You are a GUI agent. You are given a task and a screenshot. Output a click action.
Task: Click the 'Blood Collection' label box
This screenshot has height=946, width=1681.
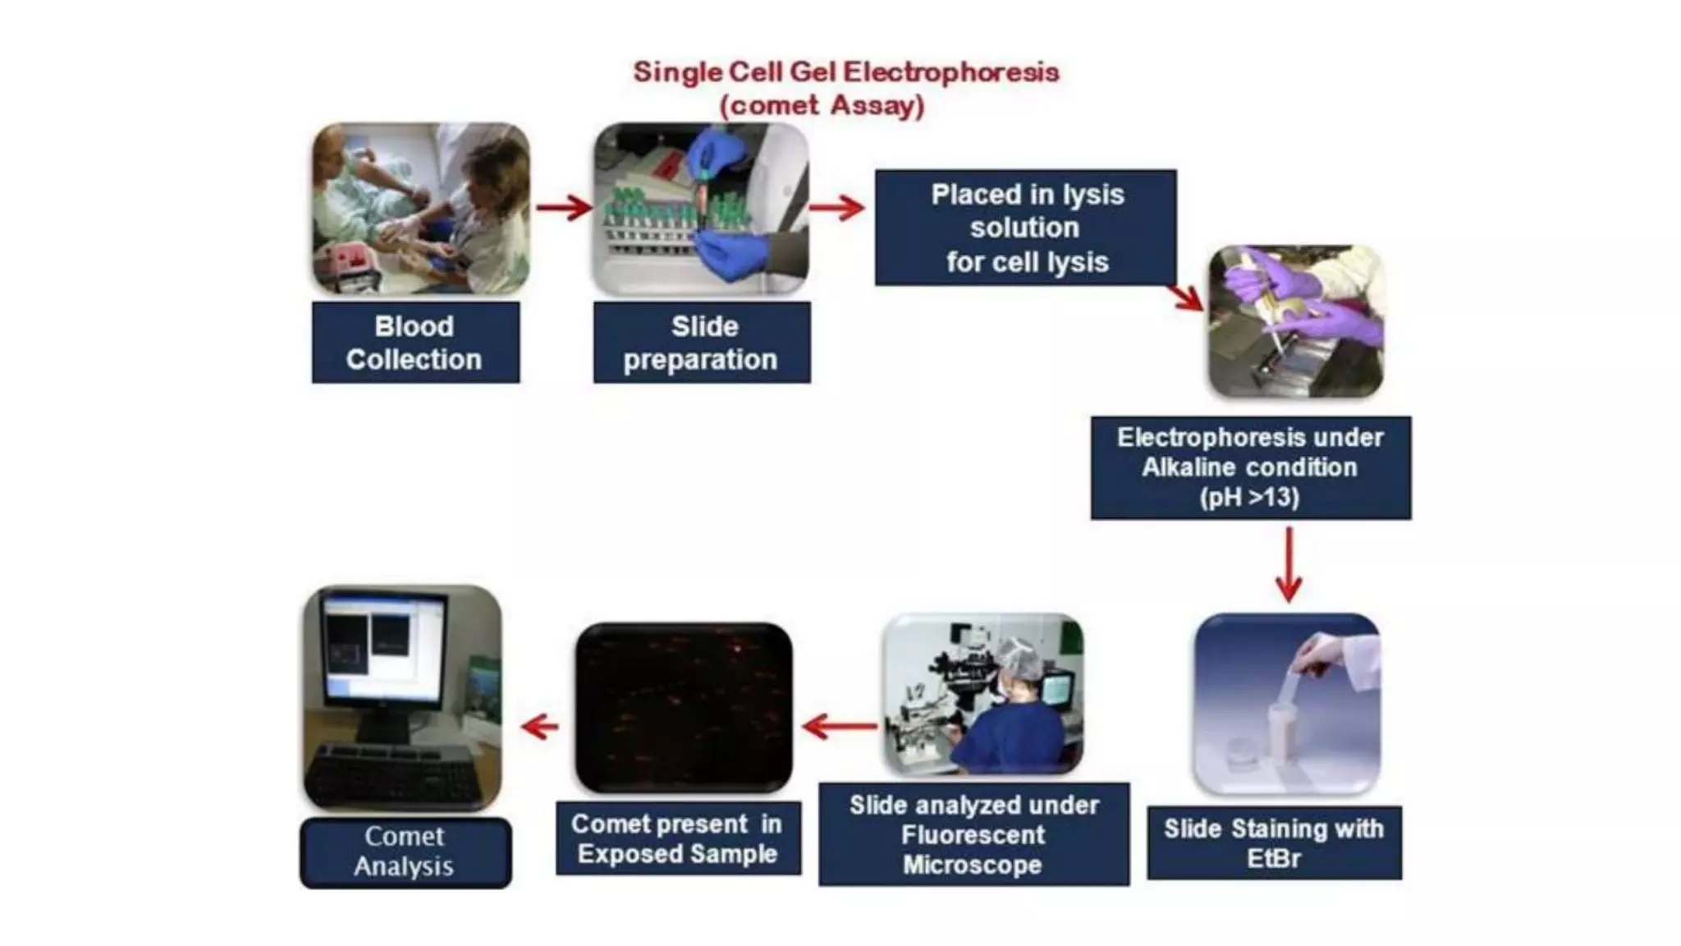tap(415, 342)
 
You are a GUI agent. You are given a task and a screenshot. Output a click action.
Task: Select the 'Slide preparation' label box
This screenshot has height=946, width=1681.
tap(702, 342)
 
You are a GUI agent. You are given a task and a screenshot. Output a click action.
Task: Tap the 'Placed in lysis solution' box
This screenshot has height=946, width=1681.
tap(1025, 227)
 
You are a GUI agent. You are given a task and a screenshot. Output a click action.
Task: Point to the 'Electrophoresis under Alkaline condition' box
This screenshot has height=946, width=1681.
tap(1250, 467)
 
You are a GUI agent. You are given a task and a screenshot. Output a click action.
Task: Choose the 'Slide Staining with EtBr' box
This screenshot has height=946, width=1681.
tap(1274, 843)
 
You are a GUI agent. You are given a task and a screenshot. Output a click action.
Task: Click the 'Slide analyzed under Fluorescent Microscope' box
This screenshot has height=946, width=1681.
tap(973, 834)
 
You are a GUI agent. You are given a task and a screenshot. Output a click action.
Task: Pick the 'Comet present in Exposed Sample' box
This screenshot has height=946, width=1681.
tap(677, 838)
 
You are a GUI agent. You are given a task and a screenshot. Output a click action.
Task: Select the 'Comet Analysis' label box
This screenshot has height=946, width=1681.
tap(405, 852)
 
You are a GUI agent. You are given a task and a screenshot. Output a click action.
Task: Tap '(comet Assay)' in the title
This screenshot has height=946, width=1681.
tap(822, 106)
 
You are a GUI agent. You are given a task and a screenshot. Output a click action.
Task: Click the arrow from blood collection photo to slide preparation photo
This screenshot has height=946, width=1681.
tap(564, 207)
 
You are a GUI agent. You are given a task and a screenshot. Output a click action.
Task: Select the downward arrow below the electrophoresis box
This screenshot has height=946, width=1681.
tap(1289, 565)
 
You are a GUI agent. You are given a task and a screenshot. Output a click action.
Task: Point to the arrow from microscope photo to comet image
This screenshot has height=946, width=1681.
tap(840, 726)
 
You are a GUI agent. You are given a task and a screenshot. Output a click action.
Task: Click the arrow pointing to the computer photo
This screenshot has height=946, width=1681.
tap(539, 726)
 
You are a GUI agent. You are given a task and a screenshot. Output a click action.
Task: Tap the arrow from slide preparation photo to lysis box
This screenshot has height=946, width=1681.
tap(837, 207)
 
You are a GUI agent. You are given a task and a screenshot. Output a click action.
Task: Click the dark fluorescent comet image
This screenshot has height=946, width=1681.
tap(684, 708)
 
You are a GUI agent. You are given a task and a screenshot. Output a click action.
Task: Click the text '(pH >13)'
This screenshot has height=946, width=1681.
tap(1249, 498)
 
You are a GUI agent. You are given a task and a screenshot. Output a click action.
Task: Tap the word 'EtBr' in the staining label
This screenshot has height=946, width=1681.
tap(1273, 859)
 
